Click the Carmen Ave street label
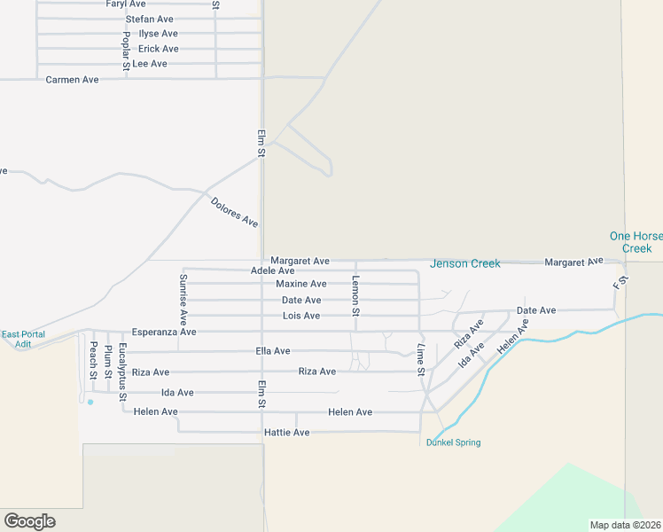click(72, 80)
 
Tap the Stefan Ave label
click(150, 19)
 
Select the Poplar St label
click(127, 50)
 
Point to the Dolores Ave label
click(235, 212)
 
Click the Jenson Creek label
click(465, 263)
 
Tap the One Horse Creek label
click(636, 242)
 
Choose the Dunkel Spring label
click(453, 442)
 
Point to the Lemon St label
click(355, 296)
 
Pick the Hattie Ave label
click(287, 432)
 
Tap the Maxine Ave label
click(300, 284)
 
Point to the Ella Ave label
click(272, 351)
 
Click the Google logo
click(29, 521)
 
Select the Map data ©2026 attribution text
click(624, 525)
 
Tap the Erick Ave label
click(159, 49)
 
